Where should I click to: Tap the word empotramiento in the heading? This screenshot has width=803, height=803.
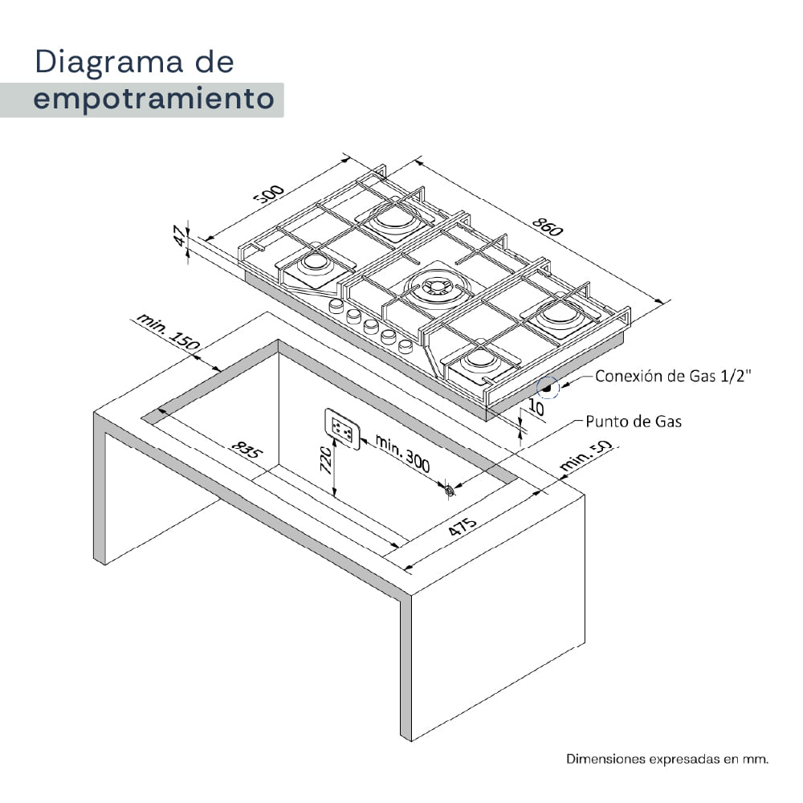[153, 99]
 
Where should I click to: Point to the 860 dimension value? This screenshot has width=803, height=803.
[548, 226]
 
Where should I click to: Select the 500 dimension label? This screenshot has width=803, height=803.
[269, 194]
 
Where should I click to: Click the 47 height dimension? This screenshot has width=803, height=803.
[180, 235]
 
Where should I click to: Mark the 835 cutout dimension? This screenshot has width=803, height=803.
[247, 449]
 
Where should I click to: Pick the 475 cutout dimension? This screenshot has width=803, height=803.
[463, 527]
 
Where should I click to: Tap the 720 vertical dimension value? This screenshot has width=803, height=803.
[326, 459]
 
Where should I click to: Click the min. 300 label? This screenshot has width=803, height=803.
[402, 453]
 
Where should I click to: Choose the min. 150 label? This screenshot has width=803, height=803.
[168, 332]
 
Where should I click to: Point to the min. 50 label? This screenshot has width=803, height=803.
[585, 455]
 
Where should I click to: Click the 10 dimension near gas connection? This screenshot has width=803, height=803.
[536, 407]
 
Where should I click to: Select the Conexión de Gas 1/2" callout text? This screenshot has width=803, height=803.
[673, 376]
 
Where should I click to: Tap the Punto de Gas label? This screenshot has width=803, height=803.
[634, 422]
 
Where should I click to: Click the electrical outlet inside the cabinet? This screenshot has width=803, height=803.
[342, 429]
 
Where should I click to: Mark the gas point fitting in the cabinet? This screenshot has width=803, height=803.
[450, 490]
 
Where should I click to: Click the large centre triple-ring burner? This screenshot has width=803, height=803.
[437, 287]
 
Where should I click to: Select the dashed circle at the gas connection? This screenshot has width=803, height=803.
[548, 387]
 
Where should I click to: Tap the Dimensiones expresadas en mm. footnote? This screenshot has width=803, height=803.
[667, 759]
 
